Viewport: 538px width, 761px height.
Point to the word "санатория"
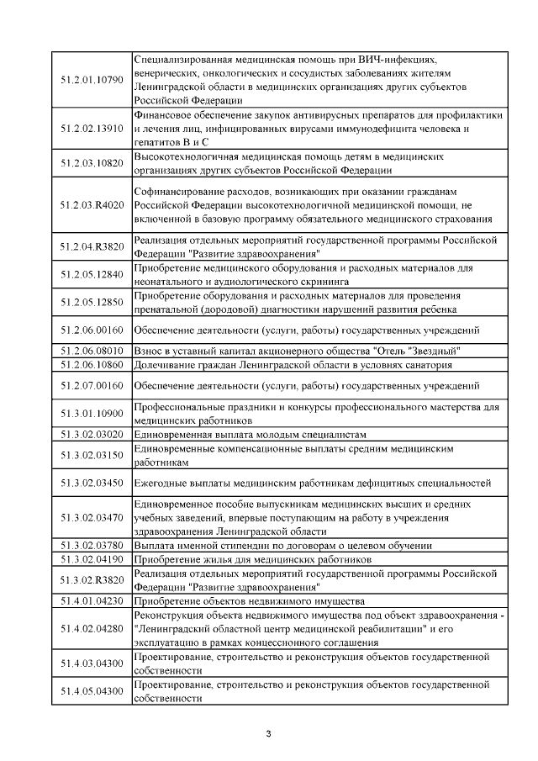(428, 365)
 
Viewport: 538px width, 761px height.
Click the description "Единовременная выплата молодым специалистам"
(251, 434)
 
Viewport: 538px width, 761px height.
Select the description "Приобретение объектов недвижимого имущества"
(249, 601)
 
